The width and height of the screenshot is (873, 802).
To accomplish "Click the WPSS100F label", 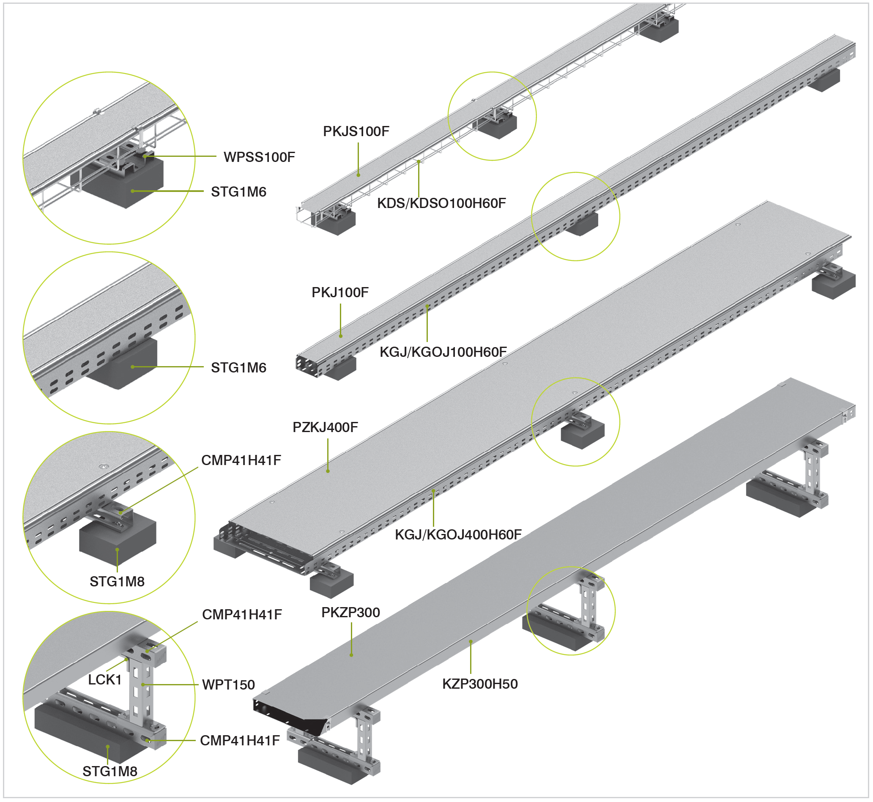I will coord(259,157).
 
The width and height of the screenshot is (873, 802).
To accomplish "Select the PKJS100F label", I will coord(356,131).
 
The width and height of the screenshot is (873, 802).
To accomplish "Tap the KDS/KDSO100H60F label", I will coord(441,203).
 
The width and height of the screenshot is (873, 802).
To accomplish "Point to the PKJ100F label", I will coord(340,293).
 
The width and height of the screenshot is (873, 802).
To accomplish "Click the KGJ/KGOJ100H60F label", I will coord(443,352).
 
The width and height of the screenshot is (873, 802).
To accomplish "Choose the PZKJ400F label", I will coord(325,427).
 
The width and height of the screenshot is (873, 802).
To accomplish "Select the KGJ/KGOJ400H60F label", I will coord(458,535).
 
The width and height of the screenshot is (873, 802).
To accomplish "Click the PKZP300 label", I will coord(350,612).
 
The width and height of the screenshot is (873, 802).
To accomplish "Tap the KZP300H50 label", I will coord(479,684).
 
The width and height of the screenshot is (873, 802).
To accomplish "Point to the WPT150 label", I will coord(228,685).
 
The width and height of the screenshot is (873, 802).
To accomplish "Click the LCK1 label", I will coord(104,680).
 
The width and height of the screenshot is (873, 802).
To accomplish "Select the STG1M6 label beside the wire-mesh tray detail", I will coord(238,192).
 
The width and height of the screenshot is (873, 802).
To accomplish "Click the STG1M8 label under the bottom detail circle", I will coord(110,771).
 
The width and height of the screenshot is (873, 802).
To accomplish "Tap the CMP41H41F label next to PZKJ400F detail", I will coord(241,460).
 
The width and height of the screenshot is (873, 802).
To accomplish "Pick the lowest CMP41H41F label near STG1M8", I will coord(240,740).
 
